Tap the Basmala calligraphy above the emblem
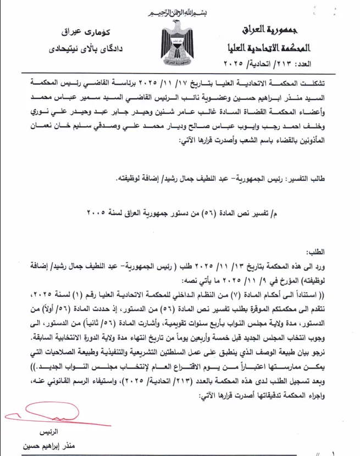coord(180,12)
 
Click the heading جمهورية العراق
coord(268,28)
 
